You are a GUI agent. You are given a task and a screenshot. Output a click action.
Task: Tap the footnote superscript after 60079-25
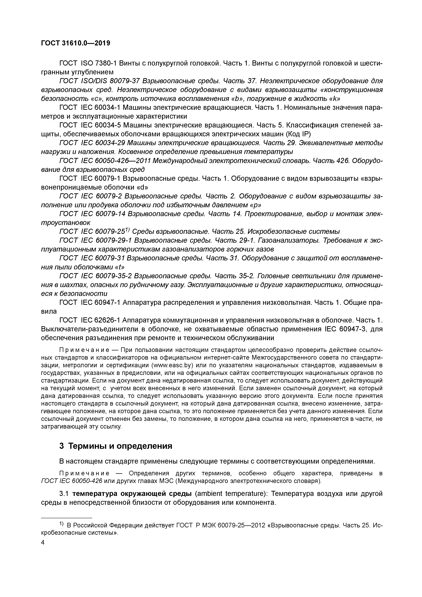coord(127,230)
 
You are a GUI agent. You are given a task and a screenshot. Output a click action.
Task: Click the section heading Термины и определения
coord(120,446)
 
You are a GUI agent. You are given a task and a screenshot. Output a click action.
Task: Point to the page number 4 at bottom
coord(43,542)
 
